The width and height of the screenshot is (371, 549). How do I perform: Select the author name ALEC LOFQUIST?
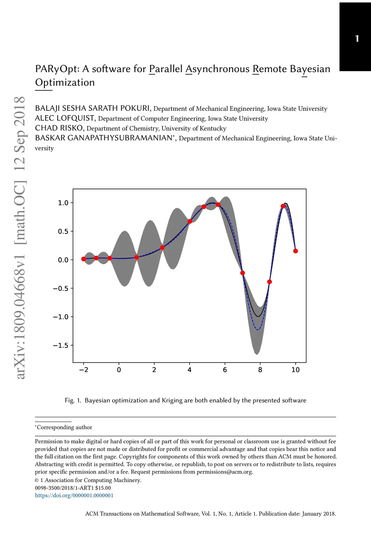click(x=65, y=118)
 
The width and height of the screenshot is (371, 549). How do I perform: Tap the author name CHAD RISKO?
click(x=59, y=128)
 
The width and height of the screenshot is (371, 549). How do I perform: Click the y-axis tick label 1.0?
click(x=63, y=203)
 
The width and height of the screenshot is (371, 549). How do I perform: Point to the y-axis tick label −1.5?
click(x=61, y=345)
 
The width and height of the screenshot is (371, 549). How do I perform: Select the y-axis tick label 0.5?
click(x=63, y=231)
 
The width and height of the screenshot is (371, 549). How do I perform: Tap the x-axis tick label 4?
click(x=189, y=369)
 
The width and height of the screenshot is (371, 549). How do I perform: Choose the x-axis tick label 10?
click(x=296, y=369)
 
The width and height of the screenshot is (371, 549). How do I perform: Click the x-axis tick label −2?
click(x=83, y=369)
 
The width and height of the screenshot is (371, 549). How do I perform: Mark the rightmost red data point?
click(x=296, y=251)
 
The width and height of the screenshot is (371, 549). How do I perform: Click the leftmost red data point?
click(x=84, y=259)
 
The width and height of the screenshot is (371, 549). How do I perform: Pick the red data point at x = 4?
click(x=189, y=221)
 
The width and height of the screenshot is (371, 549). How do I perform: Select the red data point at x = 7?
click(x=243, y=273)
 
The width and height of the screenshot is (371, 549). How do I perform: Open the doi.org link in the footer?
click(x=74, y=495)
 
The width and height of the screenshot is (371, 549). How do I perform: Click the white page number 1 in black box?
click(x=357, y=38)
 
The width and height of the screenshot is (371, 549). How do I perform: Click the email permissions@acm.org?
click(x=225, y=472)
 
